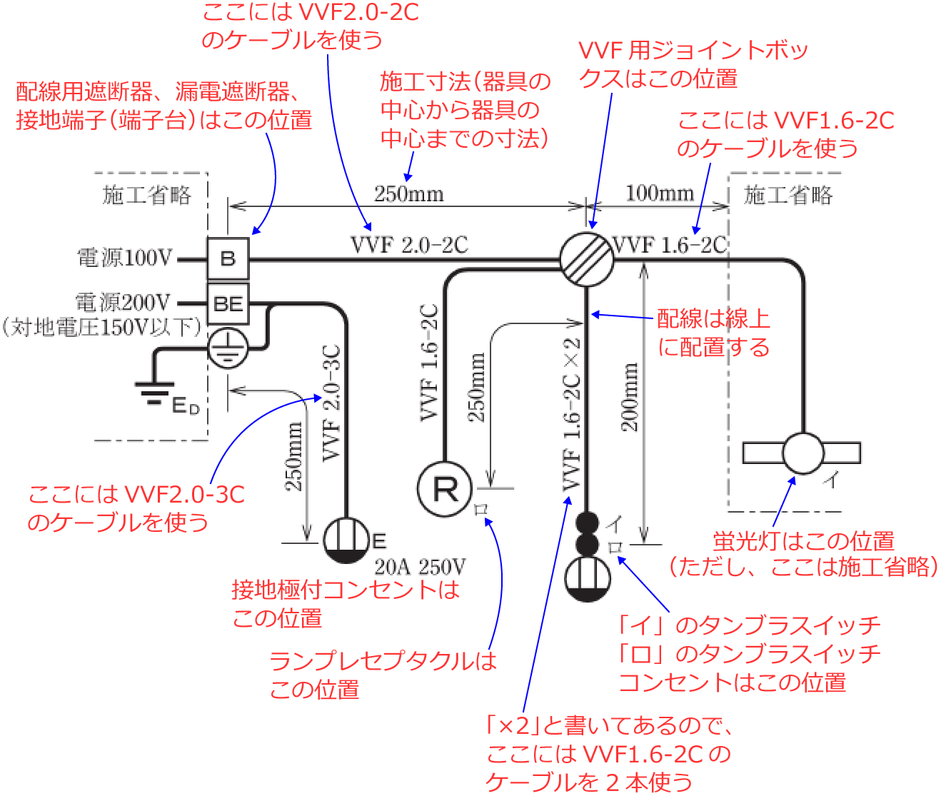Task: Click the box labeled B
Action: click(x=228, y=258)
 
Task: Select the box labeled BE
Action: click(x=228, y=304)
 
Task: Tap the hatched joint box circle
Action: click(x=586, y=259)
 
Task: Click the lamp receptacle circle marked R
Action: click(x=445, y=489)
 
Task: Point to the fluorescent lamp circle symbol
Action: click(x=802, y=453)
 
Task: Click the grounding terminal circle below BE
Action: click(x=228, y=348)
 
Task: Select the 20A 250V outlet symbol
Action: click(x=346, y=540)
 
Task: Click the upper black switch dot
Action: click(x=587, y=523)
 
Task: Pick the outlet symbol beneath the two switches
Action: click(x=587, y=578)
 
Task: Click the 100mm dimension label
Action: click(x=660, y=193)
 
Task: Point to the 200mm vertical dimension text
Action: click(x=630, y=397)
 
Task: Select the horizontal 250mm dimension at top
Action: click(x=408, y=194)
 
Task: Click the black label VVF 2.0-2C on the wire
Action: click(x=409, y=245)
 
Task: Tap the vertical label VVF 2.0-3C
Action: click(x=332, y=403)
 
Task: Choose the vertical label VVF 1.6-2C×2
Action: click(x=571, y=414)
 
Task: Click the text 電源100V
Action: click(x=125, y=258)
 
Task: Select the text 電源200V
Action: click(x=124, y=302)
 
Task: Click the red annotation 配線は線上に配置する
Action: click(x=713, y=333)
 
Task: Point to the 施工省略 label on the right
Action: click(x=787, y=195)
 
